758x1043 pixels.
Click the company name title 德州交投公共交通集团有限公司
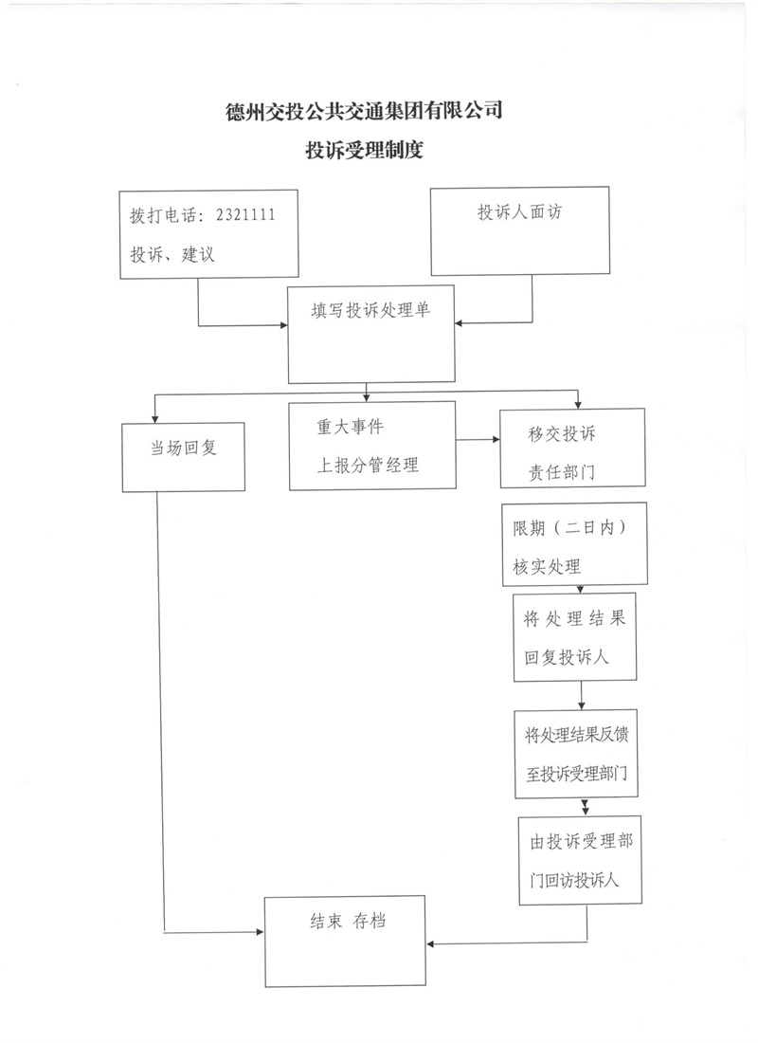click(x=364, y=112)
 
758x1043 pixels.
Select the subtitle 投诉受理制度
click(x=364, y=150)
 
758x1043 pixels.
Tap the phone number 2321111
click(x=245, y=215)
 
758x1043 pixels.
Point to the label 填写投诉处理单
click(x=370, y=311)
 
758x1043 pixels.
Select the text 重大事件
click(x=351, y=427)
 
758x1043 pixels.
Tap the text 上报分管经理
click(x=368, y=465)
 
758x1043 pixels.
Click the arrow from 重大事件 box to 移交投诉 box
click(x=478, y=440)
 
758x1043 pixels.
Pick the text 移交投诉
click(x=562, y=434)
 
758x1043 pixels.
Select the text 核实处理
click(x=547, y=567)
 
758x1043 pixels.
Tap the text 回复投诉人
click(x=567, y=657)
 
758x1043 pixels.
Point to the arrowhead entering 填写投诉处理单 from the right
click(x=459, y=323)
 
